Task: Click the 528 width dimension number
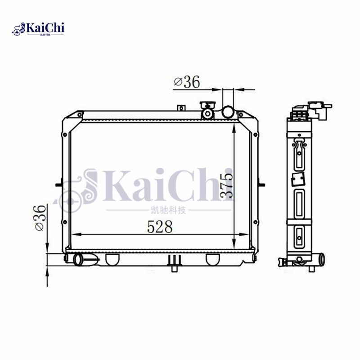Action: [160, 227]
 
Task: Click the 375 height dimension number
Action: [226, 184]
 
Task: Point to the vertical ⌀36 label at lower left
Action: [40, 218]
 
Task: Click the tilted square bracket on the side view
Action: [297, 180]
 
